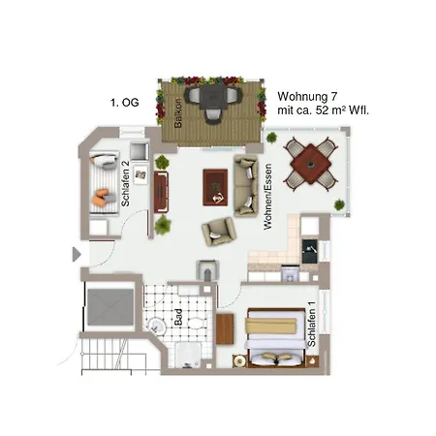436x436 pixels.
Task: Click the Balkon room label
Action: click(x=178, y=112)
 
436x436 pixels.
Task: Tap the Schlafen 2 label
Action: click(x=125, y=184)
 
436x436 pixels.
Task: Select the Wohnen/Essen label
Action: click(x=267, y=197)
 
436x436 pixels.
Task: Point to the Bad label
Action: click(x=178, y=317)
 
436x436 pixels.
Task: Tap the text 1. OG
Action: click(x=125, y=103)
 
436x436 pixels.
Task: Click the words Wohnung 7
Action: click(x=307, y=96)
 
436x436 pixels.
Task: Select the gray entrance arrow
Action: click(x=77, y=255)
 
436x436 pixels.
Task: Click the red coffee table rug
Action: click(x=215, y=187)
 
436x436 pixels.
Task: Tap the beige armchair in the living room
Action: click(x=219, y=231)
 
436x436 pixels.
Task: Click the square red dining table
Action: click(x=311, y=164)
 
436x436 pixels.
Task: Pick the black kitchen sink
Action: click(x=310, y=251)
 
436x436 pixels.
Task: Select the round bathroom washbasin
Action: click(x=157, y=326)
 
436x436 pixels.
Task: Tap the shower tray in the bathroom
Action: click(x=188, y=355)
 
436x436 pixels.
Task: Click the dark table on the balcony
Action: click(x=213, y=97)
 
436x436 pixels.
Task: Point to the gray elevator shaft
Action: click(x=110, y=307)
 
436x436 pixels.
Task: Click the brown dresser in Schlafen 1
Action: click(x=225, y=328)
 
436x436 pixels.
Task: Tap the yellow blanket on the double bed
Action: click(x=270, y=326)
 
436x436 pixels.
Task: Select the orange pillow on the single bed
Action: click(x=100, y=198)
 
